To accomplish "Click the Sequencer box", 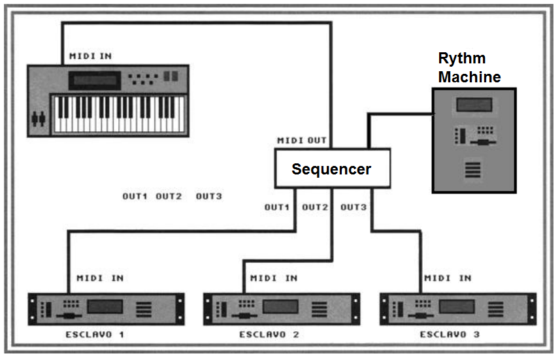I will (331, 169).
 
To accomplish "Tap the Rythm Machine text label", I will (469, 68).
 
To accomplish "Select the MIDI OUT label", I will (302, 140).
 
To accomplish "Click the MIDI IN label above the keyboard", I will (90, 56).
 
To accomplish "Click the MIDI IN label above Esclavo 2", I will (274, 278).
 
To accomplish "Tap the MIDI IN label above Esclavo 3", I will (448, 278).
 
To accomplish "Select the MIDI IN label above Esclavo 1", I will (100, 278).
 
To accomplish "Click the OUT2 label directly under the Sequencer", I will (315, 207).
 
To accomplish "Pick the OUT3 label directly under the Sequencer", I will (354, 207).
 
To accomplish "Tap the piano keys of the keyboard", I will (118, 114).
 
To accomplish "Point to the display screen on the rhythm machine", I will (474, 105).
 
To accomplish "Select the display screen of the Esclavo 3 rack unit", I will (457, 306).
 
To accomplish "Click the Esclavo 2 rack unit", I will (282, 308).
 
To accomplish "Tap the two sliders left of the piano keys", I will (39, 119).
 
